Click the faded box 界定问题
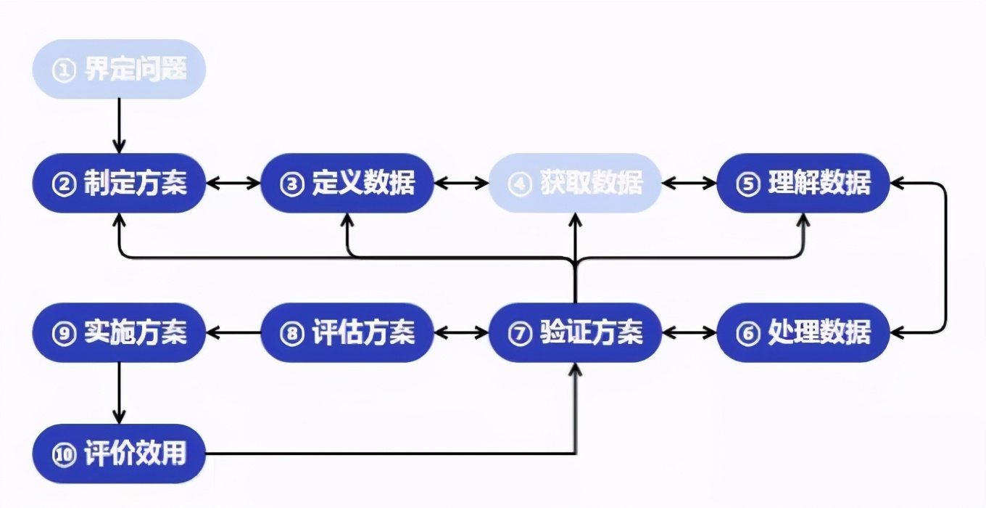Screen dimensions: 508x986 point(120,70)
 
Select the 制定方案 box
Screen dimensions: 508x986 point(120,183)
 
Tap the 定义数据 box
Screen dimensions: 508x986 point(347,183)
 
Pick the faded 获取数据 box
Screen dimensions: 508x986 point(576,183)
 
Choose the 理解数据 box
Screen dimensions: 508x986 point(803,183)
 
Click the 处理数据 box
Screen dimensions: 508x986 point(803,333)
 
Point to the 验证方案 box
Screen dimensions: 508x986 point(576,333)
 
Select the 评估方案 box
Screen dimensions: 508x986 point(347,333)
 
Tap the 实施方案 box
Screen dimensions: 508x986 point(120,333)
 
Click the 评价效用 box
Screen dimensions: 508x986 point(120,454)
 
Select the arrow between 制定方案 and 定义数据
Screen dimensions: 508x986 point(233,183)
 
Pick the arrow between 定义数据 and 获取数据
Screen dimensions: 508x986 point(462,183)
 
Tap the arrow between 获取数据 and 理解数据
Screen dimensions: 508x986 point(689,183)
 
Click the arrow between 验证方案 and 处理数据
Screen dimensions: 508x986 point(689,333)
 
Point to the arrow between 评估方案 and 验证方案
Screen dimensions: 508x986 point(462,333)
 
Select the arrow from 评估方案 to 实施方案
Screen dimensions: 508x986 point(233,333)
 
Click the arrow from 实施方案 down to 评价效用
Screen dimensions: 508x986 point(120,393)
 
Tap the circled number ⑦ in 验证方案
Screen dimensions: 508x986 point(520,335)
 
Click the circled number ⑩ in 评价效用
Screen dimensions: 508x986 point(65,455)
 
